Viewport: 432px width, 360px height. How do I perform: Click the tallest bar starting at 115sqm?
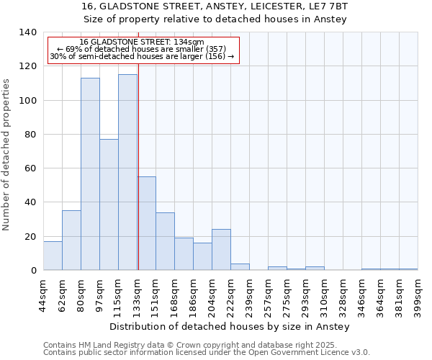pyautogui.click(x=127, y=173)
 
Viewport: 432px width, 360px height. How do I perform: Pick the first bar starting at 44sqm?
pyautogui.click(x=53, y=256)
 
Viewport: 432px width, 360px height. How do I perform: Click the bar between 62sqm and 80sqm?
pyautogui.click(x=71, y=240)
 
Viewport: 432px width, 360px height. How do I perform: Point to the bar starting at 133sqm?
pyautogui.click(x=146, y=224)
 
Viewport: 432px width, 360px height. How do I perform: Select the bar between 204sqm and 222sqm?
pyautogui.click(x=221, y=250)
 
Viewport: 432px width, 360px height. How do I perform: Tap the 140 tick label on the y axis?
pyautogui.click(x=27, y=32)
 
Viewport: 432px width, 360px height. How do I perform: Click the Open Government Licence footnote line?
pyautogui.click(x=206, y=353)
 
